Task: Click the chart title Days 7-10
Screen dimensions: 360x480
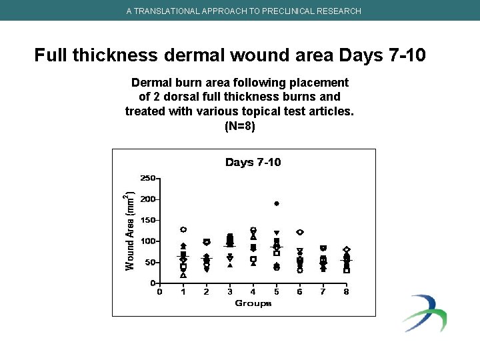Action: [253, 162]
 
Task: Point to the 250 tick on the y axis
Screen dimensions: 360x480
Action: [147, 178]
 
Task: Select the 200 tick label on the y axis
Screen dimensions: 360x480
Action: [147, 199]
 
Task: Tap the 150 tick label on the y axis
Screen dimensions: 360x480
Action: [147, 220]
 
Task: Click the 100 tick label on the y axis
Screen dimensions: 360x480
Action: [147, 241]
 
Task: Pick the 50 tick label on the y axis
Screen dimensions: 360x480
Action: [149, 263]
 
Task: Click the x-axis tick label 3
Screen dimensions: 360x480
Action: [229, 291]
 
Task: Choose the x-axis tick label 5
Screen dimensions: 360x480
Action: [276, 291]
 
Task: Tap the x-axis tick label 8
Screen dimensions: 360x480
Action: [346, 291]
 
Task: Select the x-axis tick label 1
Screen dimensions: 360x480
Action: [183, 291]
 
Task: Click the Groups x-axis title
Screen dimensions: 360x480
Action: [253, 303]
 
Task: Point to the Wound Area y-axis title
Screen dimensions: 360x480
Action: [131, 231]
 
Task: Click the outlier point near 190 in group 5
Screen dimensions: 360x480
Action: [276, 203]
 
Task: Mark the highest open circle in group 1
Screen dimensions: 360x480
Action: [183, 229]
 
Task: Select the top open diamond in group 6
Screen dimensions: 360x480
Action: [300, 232]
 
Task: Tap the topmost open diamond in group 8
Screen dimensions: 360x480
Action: [347, 249]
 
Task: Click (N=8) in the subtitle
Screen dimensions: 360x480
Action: [239, 126]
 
